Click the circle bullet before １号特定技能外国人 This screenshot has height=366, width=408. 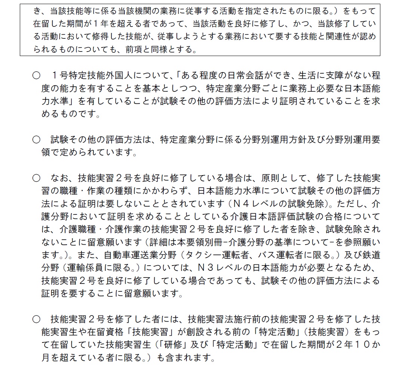pyautogui.click(x=36, y=76)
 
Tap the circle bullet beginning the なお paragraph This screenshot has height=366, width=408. pyautogui.click(x=36, y=178)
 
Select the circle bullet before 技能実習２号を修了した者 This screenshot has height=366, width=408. pyautogui.click(x=36, y=320)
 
